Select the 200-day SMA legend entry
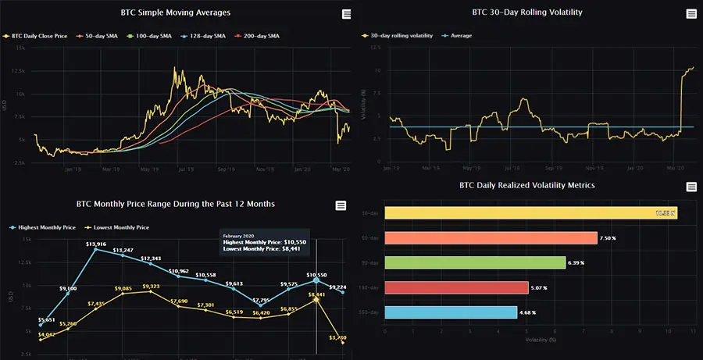click(261, 36)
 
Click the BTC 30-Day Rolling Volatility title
click(527, 13)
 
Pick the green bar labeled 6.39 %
click(475, 263)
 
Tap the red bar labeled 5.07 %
click(456, 288)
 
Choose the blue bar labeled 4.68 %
click(451, 312)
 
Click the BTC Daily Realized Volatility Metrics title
click(527, 186)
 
